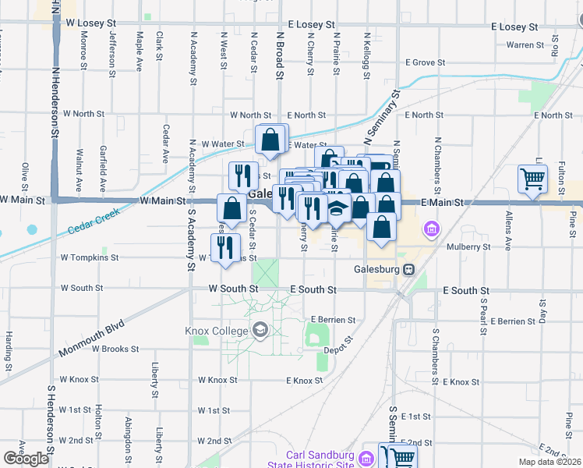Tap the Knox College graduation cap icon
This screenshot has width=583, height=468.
260,331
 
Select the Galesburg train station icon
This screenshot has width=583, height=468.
408,269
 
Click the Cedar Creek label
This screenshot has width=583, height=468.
93,222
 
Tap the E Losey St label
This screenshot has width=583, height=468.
514,27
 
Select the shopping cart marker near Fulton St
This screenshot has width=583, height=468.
533,178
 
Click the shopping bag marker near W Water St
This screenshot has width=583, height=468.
270,140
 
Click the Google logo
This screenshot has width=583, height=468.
26,459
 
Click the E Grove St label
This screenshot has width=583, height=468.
425,62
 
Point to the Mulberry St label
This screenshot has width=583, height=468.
469,246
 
